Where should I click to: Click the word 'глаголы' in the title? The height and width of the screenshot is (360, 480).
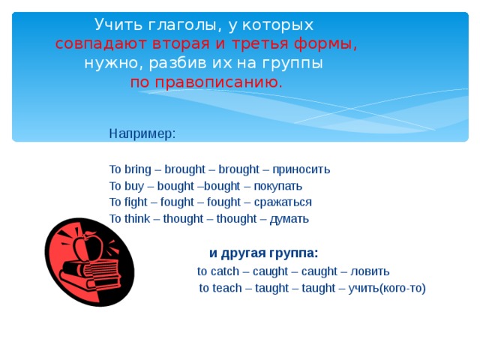[169, 25]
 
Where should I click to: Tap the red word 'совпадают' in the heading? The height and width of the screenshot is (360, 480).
[96, 44]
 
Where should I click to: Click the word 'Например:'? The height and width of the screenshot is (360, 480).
[142, 133]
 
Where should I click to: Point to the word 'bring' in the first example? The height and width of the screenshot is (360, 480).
[138, 169]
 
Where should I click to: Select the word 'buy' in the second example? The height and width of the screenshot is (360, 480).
[135, 186]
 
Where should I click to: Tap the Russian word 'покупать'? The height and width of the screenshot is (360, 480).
[278, 186]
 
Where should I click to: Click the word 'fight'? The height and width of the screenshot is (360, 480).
[138, 202]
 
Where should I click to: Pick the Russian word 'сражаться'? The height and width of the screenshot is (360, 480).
[283, 202]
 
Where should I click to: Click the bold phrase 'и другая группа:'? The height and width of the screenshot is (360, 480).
[263, 253]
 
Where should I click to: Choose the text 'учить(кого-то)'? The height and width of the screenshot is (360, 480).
[386, 289]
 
